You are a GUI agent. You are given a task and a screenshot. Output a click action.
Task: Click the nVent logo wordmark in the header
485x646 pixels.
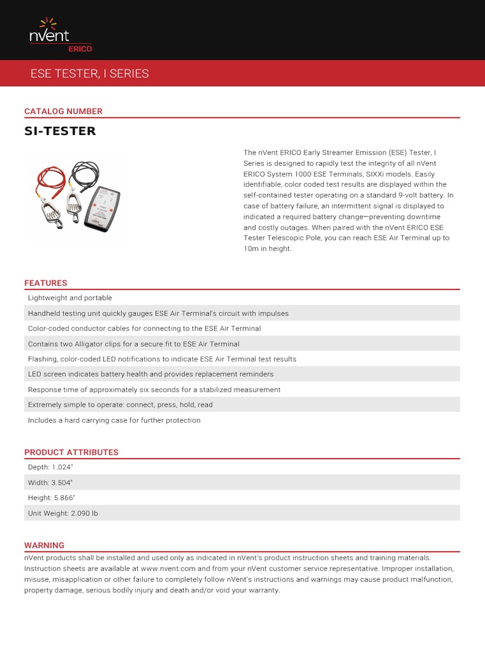click(x=49, y=34)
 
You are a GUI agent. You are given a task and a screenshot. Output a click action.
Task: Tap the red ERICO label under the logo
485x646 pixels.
click(x=79, y=49)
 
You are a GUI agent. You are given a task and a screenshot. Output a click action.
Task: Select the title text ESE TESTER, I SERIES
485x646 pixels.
click(x=90, y=74)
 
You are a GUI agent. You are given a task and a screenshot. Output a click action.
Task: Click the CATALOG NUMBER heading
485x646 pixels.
click(x=63, y=111)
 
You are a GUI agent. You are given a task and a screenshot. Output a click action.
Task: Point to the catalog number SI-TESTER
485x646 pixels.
click(x=60, y=131)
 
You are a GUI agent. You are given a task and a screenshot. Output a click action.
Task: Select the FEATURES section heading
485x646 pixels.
click(x=45, y=283)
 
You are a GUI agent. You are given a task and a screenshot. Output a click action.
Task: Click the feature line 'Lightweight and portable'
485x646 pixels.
click(x=70, y=298)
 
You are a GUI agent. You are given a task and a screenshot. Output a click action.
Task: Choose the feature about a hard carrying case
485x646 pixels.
click(x=114, y=420)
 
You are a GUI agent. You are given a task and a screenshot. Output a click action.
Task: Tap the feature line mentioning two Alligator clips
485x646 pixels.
click(x=134, y=344)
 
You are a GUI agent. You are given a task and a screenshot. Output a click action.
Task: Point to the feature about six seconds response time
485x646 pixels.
click(x=154, y=390)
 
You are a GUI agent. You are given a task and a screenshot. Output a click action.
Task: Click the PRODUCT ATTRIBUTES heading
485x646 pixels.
click(x=71, y=452)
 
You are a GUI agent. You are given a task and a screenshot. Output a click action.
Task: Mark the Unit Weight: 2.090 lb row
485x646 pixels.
click(x=63, y=514)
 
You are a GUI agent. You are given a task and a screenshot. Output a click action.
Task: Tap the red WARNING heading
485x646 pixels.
click(x=44, y=545)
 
